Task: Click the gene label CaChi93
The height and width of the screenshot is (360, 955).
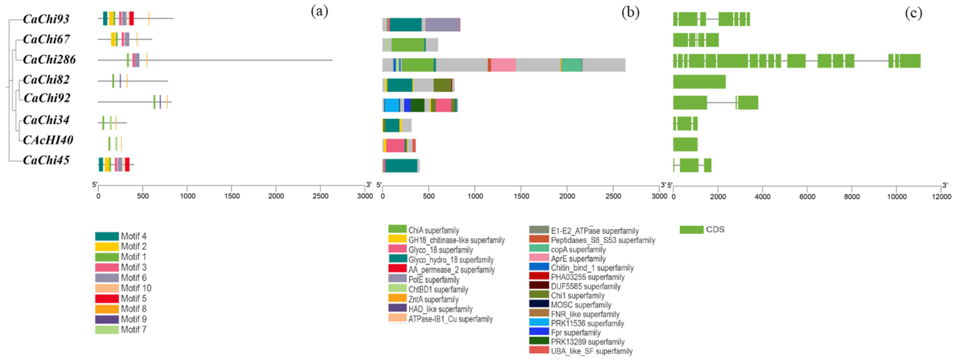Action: point(46,19)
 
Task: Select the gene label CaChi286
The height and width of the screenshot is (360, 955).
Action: point(49,59)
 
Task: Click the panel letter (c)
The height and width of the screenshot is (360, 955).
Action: point(914,13)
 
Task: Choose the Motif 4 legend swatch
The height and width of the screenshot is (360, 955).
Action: point(107,236)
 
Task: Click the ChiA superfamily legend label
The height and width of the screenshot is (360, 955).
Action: point(434,230)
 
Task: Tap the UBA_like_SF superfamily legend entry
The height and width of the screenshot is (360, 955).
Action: point(581,351)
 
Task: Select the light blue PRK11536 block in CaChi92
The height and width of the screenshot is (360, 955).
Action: point(392,105)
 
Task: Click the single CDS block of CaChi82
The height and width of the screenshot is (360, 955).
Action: point(699,82)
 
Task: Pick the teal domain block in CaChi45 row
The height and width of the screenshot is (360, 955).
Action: point(401,166)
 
